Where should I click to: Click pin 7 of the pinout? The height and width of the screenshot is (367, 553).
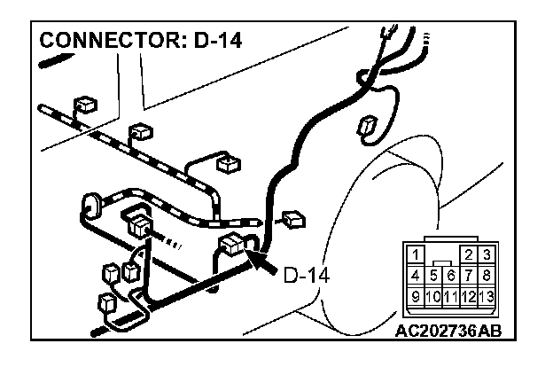tap(469, 274)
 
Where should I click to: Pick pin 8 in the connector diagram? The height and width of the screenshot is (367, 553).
tap(487, 274)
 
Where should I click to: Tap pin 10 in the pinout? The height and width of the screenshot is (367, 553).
tap(432, 293)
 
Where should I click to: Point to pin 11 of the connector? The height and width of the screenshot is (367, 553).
tap(450, 293)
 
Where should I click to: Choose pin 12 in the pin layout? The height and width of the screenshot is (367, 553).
tap(469, 293)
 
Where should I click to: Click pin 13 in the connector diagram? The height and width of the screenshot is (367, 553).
tap(487, 293)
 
